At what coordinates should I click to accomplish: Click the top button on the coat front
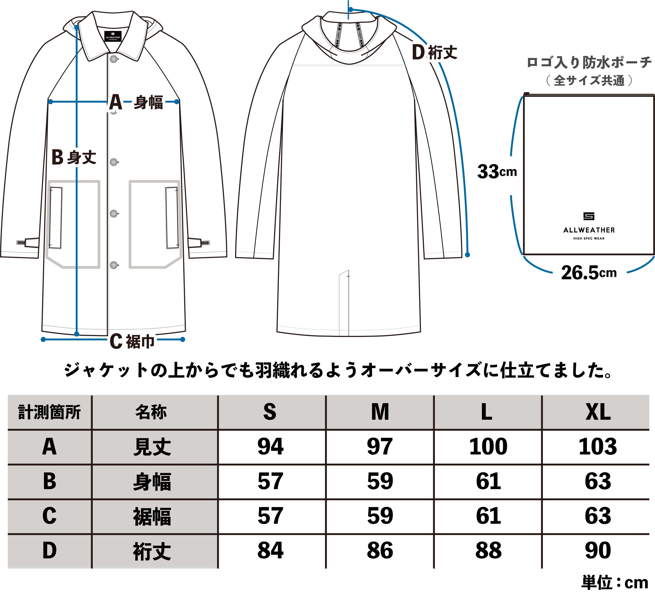click(x=114, y=59)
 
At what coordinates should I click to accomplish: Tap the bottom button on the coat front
click(x=114, y=265)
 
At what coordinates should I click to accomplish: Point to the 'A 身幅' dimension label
click(x=136, y=102)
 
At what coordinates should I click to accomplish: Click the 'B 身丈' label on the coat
click(x=74, y=158)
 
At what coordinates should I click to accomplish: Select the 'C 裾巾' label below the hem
click(x=132, y=341)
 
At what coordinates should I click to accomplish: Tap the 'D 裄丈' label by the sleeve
click(x=434, y=52)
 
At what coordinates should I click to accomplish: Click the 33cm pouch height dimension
click(x=497, y=172)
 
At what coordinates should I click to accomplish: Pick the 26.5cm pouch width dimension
click(x=589, y=273)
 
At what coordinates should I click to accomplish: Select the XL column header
click(x=598, y=412)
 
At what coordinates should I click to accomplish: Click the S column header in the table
click(x=270, y=412)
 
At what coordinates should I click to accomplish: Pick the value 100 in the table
click(x=488, y=447)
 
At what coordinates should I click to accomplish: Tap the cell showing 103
click(x=598, y=447)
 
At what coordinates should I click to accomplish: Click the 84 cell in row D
click(x=270, y=550)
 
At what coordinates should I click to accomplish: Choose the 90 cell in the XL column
click(x=598, y=550)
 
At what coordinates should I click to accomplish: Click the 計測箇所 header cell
click(x=49, y=412)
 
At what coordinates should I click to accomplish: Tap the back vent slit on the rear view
click(x=344, y=302)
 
